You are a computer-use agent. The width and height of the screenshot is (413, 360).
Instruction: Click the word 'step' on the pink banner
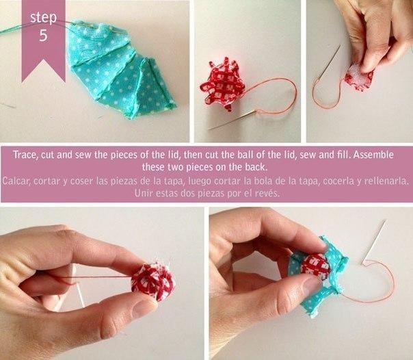44,18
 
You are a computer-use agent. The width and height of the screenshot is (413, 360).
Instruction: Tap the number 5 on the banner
44,35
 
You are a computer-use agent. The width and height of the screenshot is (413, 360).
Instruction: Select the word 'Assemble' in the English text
373,155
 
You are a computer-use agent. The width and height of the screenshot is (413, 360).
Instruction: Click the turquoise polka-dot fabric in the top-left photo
118,68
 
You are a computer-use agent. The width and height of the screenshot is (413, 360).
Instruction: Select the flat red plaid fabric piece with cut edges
220,83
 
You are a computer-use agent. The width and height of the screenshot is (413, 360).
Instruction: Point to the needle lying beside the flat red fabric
232,120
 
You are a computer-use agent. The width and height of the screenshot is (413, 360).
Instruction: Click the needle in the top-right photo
330,62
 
